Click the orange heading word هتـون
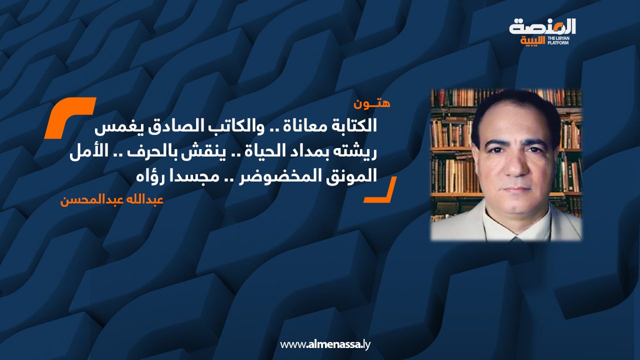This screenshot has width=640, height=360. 371,103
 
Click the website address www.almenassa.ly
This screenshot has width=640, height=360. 325,344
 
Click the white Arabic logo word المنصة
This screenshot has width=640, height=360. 542,27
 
